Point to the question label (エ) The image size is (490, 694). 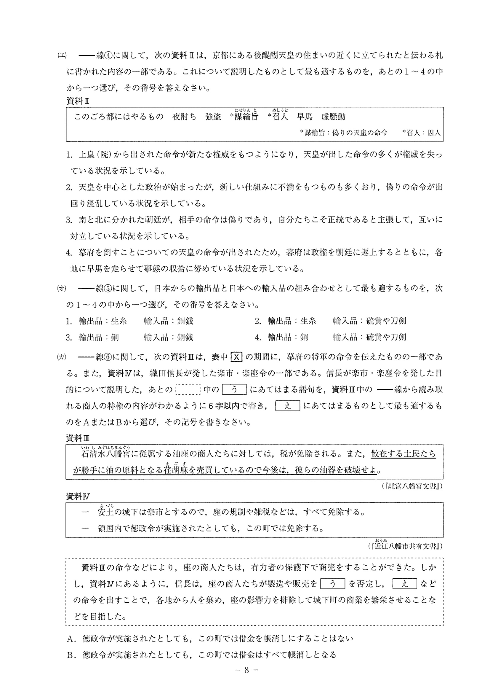[62, 56]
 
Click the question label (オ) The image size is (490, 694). [62, 288]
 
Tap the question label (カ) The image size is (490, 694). [62, 357]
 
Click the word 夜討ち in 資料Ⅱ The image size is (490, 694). [184, 117]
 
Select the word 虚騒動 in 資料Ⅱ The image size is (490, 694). [333, 117]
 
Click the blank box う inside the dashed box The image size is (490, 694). [332, 584]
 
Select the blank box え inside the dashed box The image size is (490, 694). [405, 584]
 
